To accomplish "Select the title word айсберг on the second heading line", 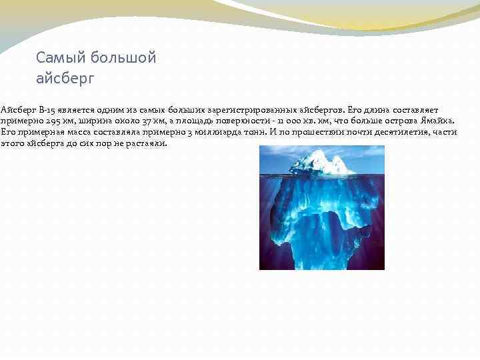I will (x=66, y=78).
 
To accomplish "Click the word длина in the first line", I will (x=382, y=109).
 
